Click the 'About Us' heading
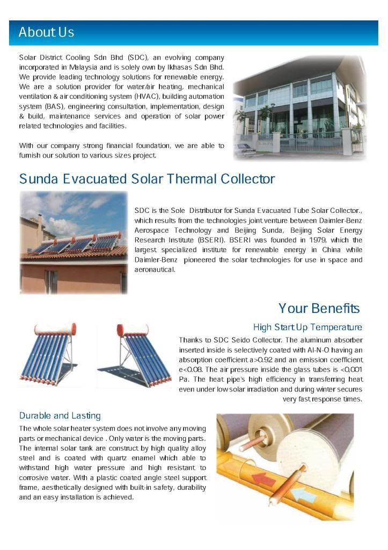pyautogui.click(x=46, y=32)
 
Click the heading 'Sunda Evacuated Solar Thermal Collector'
pyautogui.click(x=147, y=178)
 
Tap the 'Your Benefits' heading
pyautogui.click(x=319, y=308)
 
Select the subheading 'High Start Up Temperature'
pyautogui.click(x=308, y=327)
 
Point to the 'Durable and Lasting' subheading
pyautogui.click(x=60, y=416)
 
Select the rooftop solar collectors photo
pyautogui.click(x=74, y=242)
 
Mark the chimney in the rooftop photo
pyautogui.click(x=39, y=222)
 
